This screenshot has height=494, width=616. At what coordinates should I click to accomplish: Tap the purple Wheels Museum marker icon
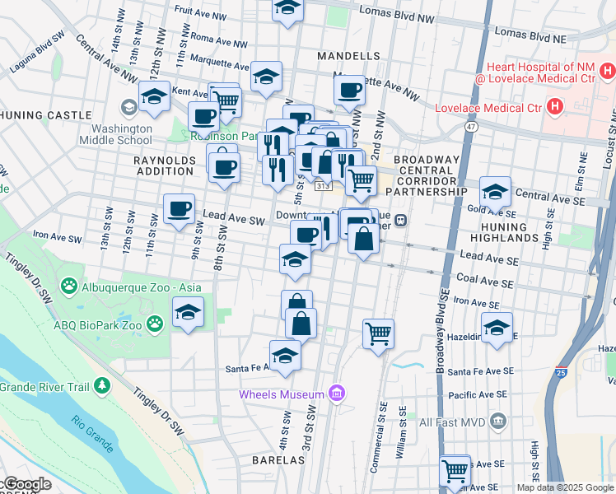336,394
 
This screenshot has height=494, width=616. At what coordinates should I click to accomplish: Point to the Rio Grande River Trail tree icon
101,385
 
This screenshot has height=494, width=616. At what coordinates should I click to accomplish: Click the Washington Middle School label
122,134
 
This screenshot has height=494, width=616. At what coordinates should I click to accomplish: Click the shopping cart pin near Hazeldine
378,333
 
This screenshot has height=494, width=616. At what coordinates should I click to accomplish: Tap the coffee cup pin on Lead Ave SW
179,207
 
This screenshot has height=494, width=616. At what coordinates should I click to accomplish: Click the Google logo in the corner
26,484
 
